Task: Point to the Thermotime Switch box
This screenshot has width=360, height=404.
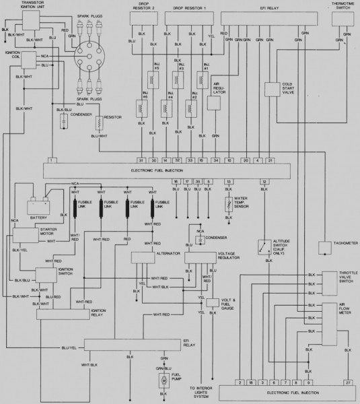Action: (345, 21)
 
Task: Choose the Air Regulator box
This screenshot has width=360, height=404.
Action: (215, 102)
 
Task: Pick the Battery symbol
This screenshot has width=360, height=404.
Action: (37, 206)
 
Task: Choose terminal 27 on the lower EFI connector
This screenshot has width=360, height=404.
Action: (348, 382)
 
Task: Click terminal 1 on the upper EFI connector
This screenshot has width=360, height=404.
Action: (52, 161)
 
